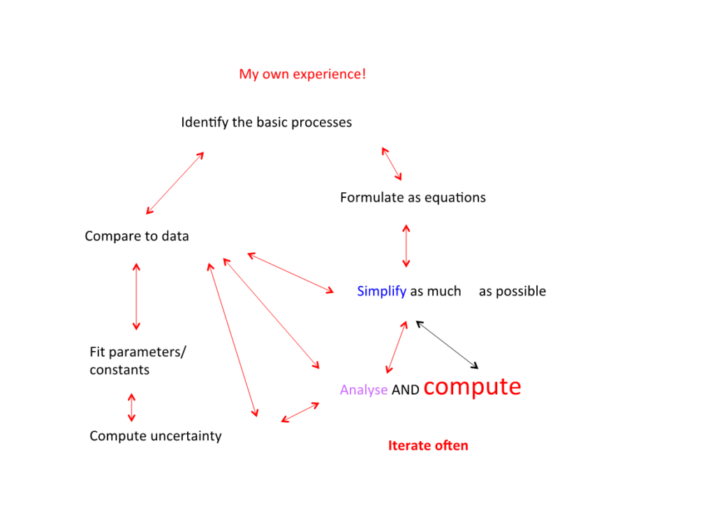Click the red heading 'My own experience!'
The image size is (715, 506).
(302, 74)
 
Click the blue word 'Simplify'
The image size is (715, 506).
(381, 291)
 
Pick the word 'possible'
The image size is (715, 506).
(520, 291)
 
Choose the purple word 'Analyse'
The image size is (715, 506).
(363, 390)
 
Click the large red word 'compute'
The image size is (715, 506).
(472, 386)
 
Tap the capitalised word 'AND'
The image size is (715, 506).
(405, 391)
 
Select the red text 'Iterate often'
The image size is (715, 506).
(428, 445)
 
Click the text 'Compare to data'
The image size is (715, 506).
(137, 236)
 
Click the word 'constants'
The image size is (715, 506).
(119, 370)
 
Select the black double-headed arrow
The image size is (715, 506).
(447, 345)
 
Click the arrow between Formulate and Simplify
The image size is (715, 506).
(406, 246)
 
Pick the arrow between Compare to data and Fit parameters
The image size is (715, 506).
(136, 296)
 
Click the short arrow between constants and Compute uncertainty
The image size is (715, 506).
(131, 407)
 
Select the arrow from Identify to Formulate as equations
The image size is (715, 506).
(392, 164)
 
